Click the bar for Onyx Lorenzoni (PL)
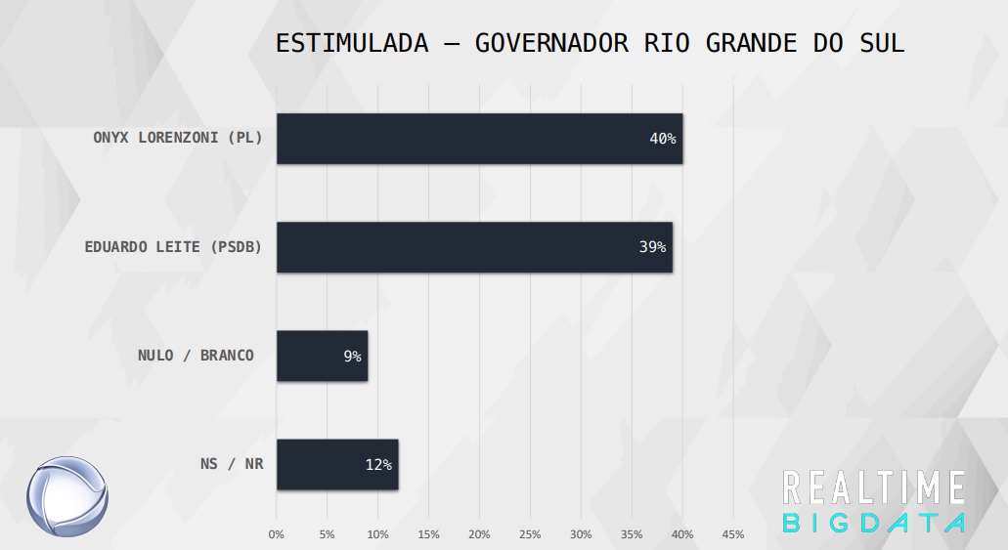(x=480, y=139)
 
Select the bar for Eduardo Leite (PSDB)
(x=474, y=247)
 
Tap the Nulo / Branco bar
(x=322, y=356)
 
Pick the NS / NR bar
(x=337, y=465)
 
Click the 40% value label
(x=663, y=139)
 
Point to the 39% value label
(x=652, y=247)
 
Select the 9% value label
(x=352, y=356)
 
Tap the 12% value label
(x=378, y=465)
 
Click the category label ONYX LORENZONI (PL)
(x=178, y=138)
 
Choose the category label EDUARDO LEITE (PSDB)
(x=174, y=247)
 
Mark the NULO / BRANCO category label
(x=196, y=356)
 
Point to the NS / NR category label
(x=232, y=464)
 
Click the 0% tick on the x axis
(x=276, y=534)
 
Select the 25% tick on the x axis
(x=530, y=534)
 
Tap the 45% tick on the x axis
(x=733, y=534)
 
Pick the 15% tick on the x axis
(x=429, y=534)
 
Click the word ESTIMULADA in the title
(x=352, y=44)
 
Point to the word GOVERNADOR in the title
(x=551, y=44)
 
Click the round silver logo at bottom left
(x=67, y=496)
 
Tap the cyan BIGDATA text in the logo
(x=874, y=523)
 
